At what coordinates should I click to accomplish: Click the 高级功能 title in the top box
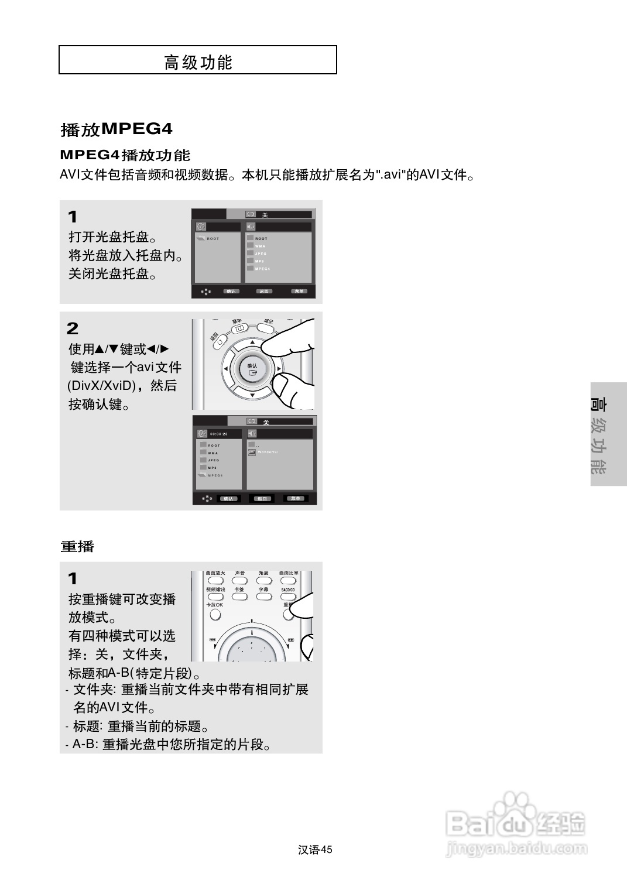pyautogui.click(x=198, y=62)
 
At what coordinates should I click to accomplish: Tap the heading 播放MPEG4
pyautogui.click(x=117, y=129)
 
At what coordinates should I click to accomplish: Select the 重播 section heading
pyautogui.click(x=77, y=546)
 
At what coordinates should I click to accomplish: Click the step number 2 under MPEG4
pyautogui.click(x=73, y=328)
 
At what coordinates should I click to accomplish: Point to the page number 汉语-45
pyautogui.click(x=314, y=849)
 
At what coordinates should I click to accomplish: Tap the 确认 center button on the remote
pyautogui.click(x=252, y=369)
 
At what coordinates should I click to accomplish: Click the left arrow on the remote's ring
pyautogui.click(x=226, y=369)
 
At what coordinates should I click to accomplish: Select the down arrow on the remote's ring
pyautogui.click(x=252, y=396)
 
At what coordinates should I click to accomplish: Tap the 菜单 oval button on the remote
pyautogui.click(x=239, y=330)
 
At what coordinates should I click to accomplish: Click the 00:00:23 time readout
pyautogui.click(x=218, y=434)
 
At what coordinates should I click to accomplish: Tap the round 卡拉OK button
pyautogui.click(x=215, y=615)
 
